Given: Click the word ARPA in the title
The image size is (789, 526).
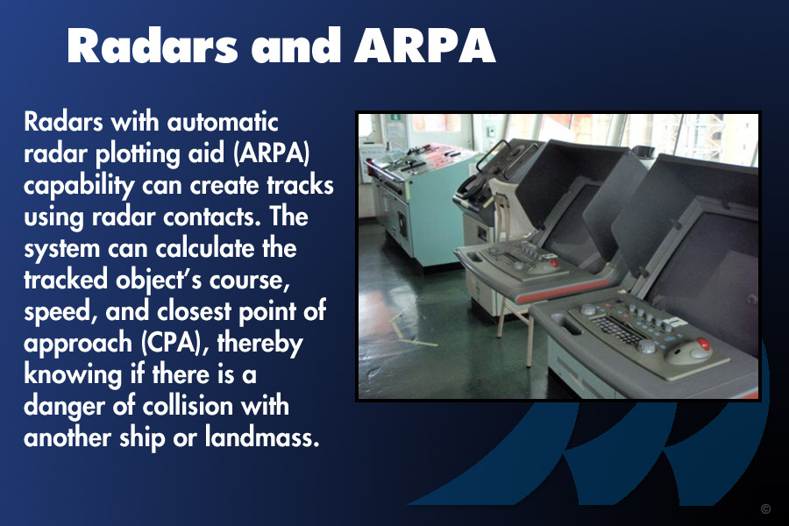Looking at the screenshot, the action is (x=425, y=46).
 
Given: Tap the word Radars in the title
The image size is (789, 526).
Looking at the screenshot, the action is (x=152, y=46).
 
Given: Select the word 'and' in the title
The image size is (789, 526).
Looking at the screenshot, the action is (x=296, y=46).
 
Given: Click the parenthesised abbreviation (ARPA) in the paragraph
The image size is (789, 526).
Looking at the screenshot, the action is (x=272, y=153).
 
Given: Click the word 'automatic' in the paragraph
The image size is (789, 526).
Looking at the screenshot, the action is (x=223, y=122).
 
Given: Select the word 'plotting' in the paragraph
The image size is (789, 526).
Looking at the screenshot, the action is (x=138, y=154).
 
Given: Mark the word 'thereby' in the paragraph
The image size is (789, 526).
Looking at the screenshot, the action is (x=260, y=344).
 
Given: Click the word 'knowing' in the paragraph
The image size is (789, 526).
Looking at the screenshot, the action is (x=73, y=375).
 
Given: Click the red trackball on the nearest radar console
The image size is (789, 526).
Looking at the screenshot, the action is (x=703, y=345).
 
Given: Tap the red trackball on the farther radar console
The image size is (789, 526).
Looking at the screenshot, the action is (x=554, y=262).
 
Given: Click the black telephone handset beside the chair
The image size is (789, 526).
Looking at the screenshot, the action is (x=472, y=188).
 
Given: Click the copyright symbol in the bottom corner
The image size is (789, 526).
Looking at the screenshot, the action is (x=765, y=508).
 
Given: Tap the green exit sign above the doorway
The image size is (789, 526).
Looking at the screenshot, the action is (x=396, y=117).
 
